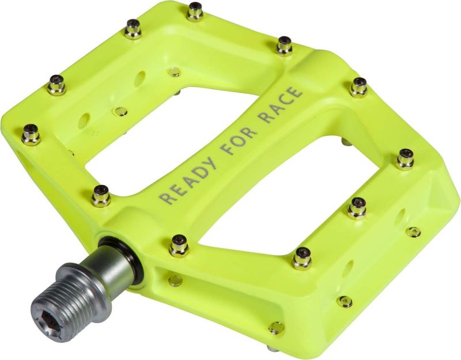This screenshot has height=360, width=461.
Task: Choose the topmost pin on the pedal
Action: (x=195, y=11)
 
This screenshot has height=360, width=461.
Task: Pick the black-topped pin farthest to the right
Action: (x=405, y=158)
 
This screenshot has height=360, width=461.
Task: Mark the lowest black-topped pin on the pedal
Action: (x=302, y=258)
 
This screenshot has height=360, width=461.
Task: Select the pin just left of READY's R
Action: (x=101, y=196)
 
